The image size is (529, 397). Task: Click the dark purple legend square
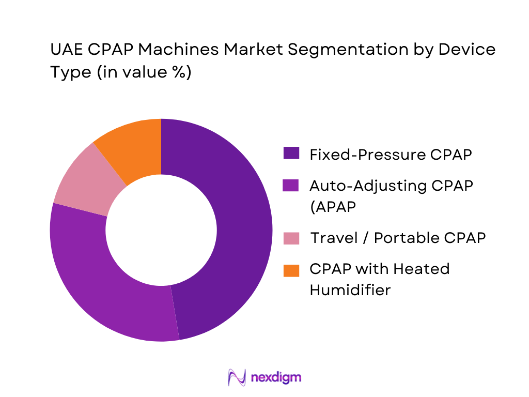291,154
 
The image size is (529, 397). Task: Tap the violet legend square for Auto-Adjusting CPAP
291,185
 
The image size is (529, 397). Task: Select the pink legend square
291,238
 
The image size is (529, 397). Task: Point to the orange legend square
291,269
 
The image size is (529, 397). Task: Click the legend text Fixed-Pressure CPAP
390,154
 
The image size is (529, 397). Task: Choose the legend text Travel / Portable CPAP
398,238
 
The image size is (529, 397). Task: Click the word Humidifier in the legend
350,290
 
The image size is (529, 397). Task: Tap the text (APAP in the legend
334,206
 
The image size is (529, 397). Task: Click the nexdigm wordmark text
275,377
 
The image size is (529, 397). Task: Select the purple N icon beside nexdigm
237,377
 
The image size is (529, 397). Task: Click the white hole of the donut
161,230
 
